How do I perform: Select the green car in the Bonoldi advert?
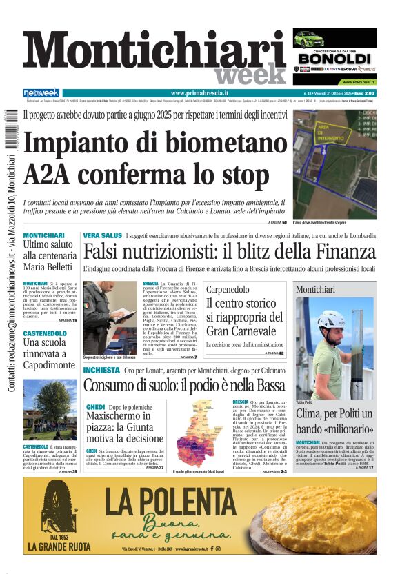click(309, 39)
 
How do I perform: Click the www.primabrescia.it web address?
click(199, 93)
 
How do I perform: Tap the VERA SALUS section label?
click(102, 236)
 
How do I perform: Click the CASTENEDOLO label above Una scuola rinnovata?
click(45, 333)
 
